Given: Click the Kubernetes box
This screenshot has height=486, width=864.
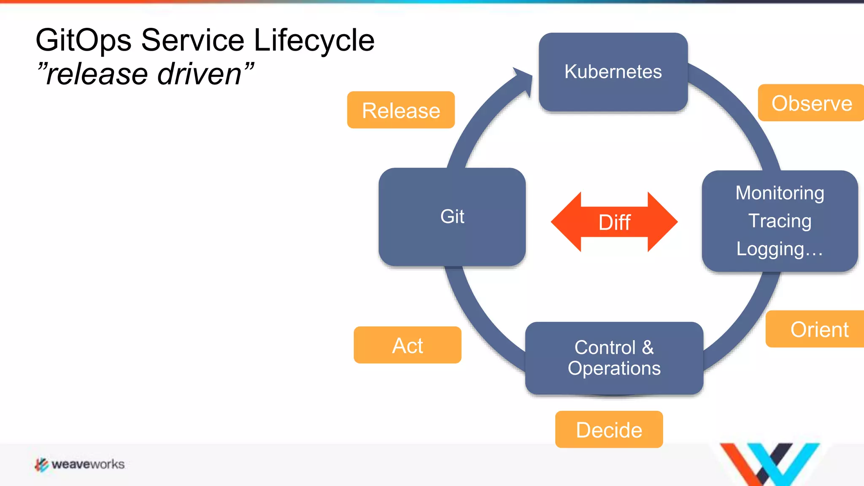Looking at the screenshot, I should pyautogui.click(x=613, y=72).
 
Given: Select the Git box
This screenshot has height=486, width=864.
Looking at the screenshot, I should pyautogui.click(x=452, y=217).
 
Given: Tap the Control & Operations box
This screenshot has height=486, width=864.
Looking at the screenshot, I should pyautogui.click(x=614, y=358).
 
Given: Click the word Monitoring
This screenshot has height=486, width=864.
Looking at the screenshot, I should pyautogui.click(x=780, y=193).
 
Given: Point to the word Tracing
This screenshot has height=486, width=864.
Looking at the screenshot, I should pyautogui.click(x=780, y=221).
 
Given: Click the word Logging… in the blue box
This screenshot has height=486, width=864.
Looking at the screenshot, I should pyautogui.click(x=779, y=249).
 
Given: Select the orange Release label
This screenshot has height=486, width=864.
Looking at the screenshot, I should pyautogui.click(x=401, y=111).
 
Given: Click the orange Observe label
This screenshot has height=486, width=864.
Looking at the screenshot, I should pyautogui.click(x=811, y=103).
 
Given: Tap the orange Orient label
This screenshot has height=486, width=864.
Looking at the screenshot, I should pyautogui.click(x=818, y=329).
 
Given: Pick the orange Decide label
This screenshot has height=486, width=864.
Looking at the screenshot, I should pyautogui.click(x=609, y=430).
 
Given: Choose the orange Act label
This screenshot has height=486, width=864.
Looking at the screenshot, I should pyautogui.click(x=408, y=346).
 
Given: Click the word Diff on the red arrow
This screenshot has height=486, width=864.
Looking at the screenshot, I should pyautogui.click(x=614, y=222).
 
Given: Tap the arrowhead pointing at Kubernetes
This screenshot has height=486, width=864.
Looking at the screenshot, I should pyautogui.click(x=524, y=80).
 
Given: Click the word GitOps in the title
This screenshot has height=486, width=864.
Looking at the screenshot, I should pyautogui.click(x=83, y=40).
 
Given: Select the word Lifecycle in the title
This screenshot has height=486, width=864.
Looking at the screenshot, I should pyautogui.click(x=314, y=40).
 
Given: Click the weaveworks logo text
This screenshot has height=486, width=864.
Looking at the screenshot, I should pyautogui.click(x=88, y=464).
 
